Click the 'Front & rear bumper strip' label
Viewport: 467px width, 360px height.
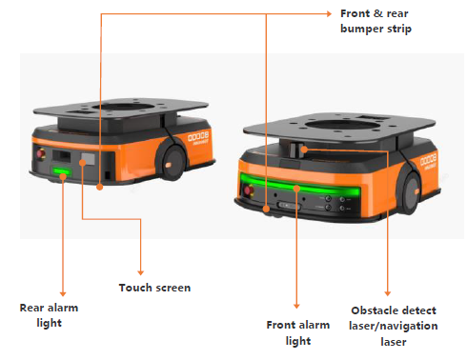[x=376, y=21]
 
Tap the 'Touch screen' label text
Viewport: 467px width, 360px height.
[x=154, y=288]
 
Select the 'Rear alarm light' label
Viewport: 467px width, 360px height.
[x=49, y=315]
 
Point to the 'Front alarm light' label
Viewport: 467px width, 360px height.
[x=298, y=332]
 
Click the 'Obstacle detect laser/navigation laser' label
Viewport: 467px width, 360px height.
[x=394, y=326]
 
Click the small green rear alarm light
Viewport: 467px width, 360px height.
[x=62, y=171]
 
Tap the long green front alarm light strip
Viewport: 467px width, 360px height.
[x=300, y=185]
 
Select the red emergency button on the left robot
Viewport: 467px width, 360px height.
[x=41, y=153]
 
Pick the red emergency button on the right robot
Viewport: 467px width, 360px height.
[x=248, y=190]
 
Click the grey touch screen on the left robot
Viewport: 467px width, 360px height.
[x=89, y=159]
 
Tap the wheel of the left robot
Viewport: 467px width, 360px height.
[x=171, y=161]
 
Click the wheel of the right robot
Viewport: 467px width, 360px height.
[x=412, y=191]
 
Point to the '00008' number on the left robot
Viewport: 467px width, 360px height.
[x=198, y=136]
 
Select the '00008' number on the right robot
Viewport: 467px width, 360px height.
[x=429, y=159]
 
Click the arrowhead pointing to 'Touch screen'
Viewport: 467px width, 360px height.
[x=141, y=272]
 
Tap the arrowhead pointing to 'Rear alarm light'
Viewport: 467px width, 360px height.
[x=63, y=294]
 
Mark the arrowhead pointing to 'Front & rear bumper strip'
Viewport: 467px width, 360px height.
[x=329, y=13]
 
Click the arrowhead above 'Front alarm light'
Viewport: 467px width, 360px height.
[x=296, y=306]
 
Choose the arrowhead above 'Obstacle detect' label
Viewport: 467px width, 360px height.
[x=387, y=293]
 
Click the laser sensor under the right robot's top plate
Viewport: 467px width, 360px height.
[x=297, y=150]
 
